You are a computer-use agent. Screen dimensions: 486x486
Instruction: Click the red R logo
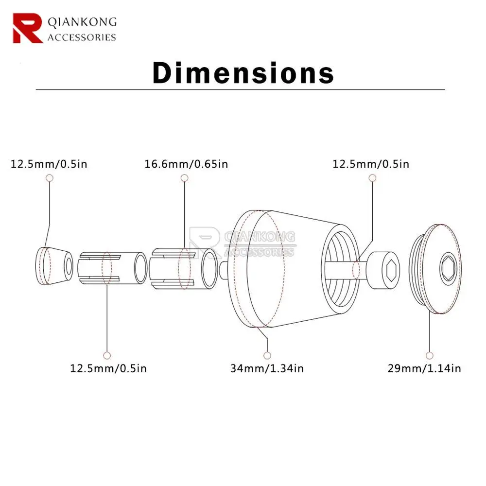pyautogui.click(x=28, y=28)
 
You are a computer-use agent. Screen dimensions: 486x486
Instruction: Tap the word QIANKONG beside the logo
pyautogui.click(x=82, y=22)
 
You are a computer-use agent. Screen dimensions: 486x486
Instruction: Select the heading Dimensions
pyautogui.click(x=243, y=73)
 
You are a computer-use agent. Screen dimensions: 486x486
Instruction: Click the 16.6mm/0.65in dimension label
pyautogui.click(x=186, y=164)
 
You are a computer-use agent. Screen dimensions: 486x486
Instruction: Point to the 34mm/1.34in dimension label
pyautogui.click(x=267, y=368)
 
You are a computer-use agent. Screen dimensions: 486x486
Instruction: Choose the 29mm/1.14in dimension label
pyautogui.click(x=424, y=368)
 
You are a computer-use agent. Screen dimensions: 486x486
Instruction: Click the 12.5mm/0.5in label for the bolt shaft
pyautogui.click(x=371, y=164)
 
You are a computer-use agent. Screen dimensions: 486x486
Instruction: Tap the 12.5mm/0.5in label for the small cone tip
pyautogui.click(x=49, y=164)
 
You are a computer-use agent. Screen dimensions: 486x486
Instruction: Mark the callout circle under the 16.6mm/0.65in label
pyautogui.click(x=184, y=178)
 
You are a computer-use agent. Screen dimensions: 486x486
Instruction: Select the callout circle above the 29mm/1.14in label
pyautogui.click(x=429, y=355)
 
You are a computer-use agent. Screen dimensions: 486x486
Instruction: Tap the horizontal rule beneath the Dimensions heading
pyautogui.click(x=241, y=90)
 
